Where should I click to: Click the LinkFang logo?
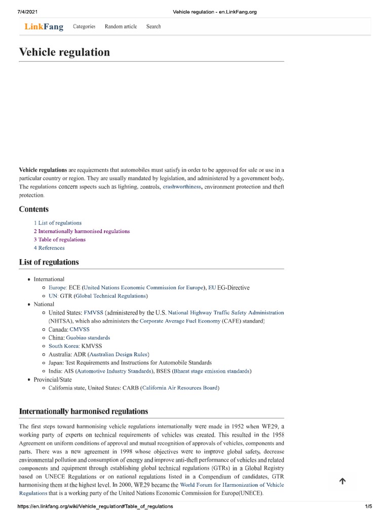pos(44,27)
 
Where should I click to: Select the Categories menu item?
pos(84,26)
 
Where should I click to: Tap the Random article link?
pos(121,26)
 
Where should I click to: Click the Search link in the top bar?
pos(153,26)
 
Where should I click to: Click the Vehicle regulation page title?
pos(64,52)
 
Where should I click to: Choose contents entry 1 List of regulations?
pos(58,223)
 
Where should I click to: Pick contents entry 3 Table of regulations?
pos(60,240)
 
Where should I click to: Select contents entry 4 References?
pos(49,248)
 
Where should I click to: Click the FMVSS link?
pos(93,313)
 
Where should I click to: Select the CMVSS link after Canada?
pos(80,329)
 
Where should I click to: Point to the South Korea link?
pos(64,346)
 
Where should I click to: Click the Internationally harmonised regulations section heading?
pos(84,411)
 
